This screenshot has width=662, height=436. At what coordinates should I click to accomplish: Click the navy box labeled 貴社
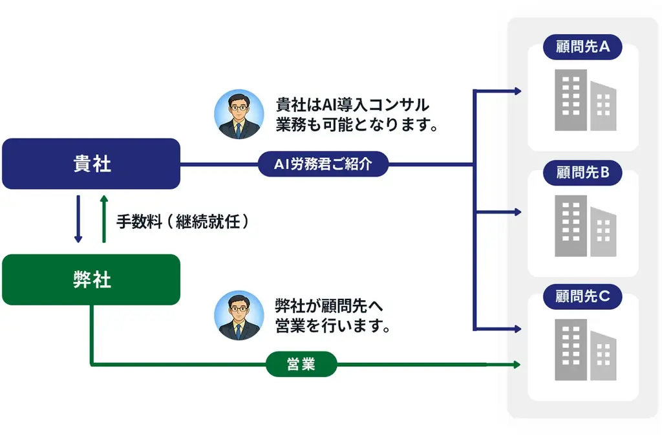click(x=91, y=164)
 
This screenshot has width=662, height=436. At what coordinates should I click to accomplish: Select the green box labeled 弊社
click(x=91, y=279)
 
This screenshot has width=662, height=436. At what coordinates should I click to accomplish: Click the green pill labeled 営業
click(x=301, y=365)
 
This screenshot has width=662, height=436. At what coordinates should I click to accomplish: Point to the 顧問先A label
click(x=582, y=47)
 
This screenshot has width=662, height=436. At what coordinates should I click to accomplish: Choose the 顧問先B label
click(x=582, y=173)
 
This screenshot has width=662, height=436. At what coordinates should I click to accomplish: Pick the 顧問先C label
click(x=582, y=297)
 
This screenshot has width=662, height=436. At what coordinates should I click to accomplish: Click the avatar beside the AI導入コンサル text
click(x=239, y=114)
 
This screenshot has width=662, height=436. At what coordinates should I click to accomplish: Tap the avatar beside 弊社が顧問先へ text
click(x=239, y=315)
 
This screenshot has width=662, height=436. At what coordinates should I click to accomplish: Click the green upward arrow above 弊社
click(x=103, y=219)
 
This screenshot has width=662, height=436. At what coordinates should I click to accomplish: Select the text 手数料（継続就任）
click(x=182, y=222)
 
